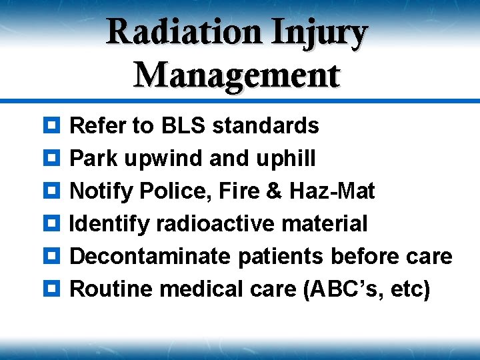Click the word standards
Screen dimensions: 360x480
[x=266, y=125]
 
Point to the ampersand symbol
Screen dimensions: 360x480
[x=274, y=191]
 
